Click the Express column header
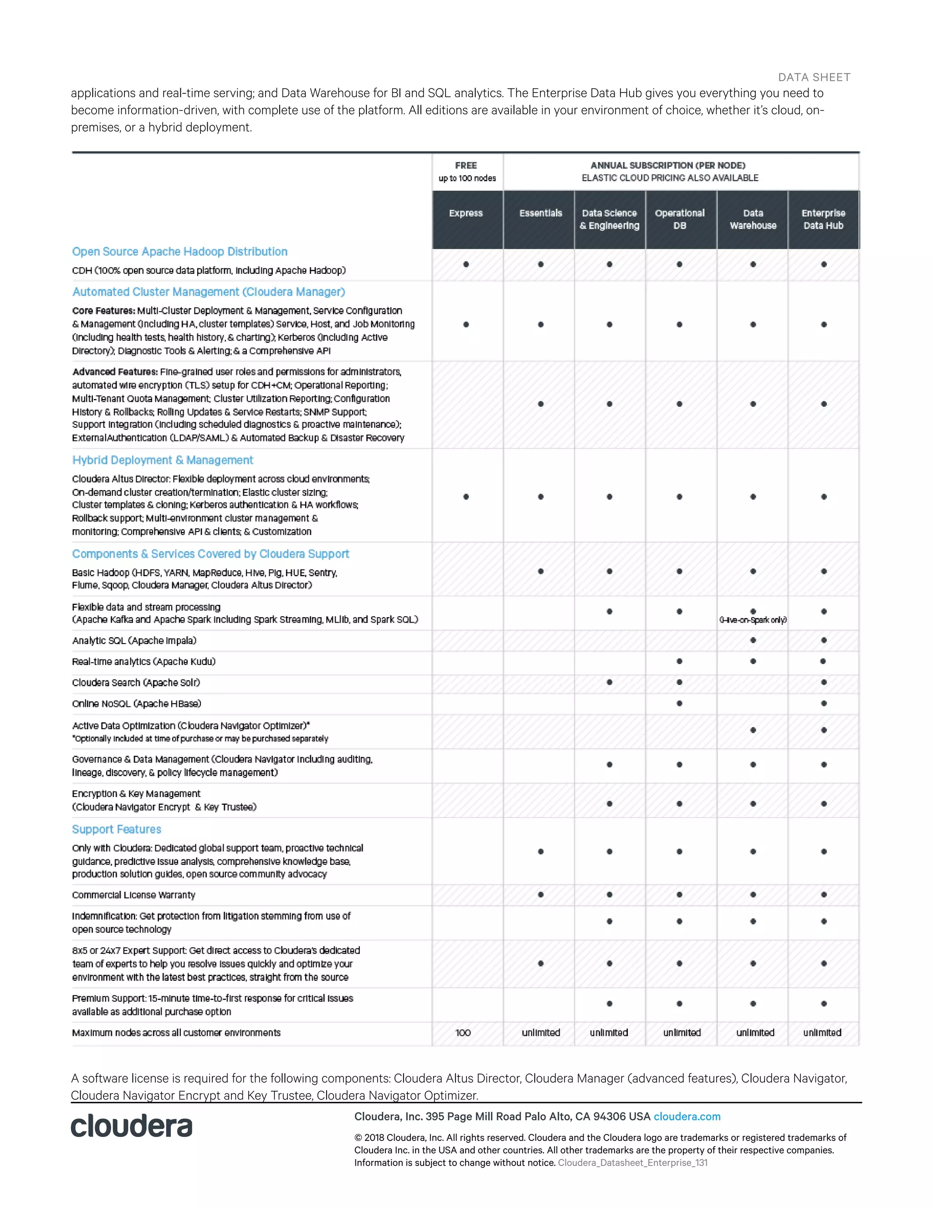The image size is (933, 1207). (466, 213)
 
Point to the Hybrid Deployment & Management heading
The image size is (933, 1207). (163, 460)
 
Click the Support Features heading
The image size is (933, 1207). (117, 829)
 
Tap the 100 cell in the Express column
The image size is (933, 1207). (463, 1033)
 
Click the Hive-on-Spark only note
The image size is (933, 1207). (753, 620)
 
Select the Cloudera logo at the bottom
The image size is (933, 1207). (132, 1126)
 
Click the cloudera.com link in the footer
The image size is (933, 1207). (687, 1116)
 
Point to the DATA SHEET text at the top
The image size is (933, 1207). (814, 77)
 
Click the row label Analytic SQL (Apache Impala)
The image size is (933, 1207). (134, 640)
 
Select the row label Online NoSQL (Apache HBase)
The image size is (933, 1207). (137, 704)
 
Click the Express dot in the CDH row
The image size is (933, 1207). (466, 264)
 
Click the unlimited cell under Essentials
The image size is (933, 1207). (541, 1033)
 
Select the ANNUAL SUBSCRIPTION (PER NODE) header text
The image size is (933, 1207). (668, 165)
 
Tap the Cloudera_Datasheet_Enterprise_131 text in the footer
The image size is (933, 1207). (632, 1163)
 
